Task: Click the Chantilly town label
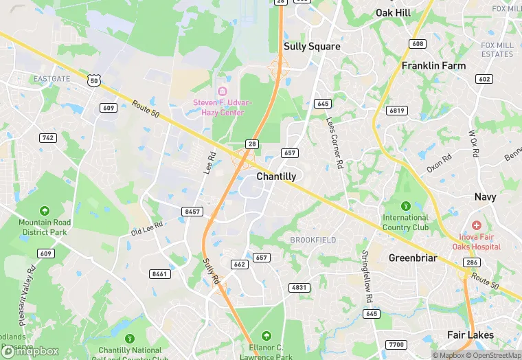276,177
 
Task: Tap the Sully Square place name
312,47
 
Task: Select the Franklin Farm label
433,66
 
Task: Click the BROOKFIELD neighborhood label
313,240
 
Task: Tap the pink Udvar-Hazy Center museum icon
222,92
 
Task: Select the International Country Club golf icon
405,205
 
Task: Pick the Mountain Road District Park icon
45,210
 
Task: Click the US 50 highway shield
94,81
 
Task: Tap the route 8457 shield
192,212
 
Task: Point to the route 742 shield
47,138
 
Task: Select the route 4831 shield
299,287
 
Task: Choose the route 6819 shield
397,111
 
